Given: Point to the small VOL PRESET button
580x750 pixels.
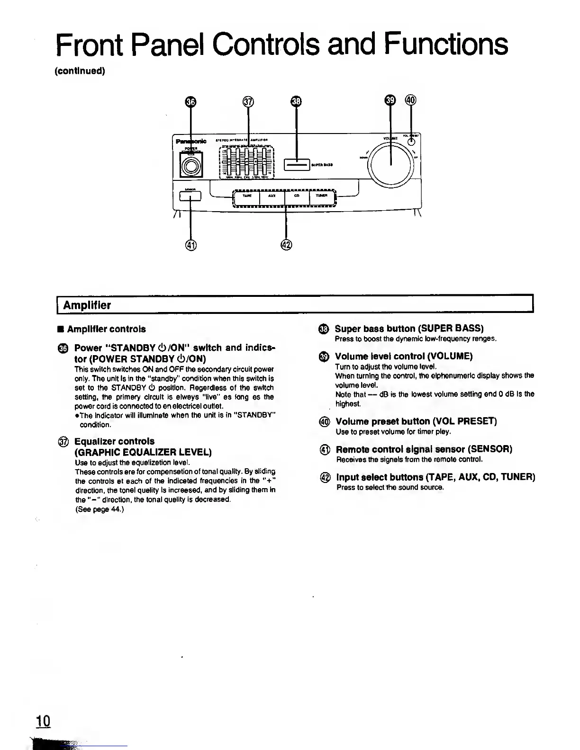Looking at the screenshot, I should click(x=412, y=141).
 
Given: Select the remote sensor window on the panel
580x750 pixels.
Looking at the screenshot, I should click(x=190, y=195).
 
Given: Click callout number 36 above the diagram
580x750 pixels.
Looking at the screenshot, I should click(x=190, y=102).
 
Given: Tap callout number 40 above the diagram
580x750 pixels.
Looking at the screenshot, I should click(x=410, y=100).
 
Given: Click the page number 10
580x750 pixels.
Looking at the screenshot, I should click(x=43, y=721).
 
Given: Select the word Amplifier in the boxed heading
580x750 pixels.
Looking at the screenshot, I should click(x=87, y=305).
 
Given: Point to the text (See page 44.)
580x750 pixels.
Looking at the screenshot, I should click(x=100, y=509).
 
